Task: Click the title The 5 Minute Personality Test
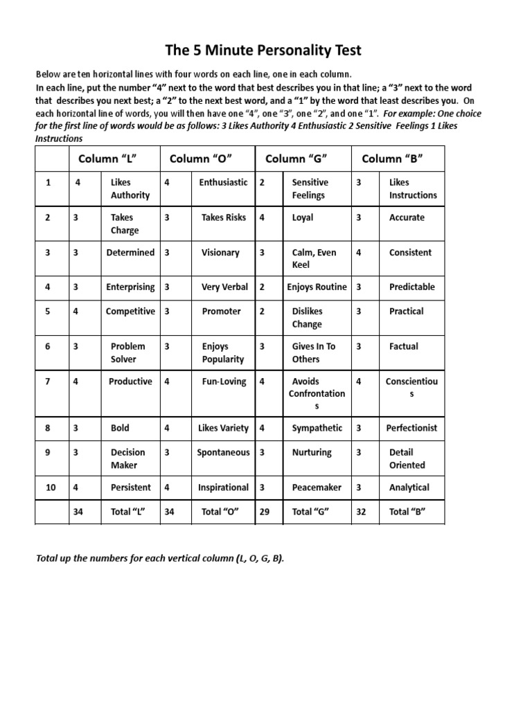[x=263, y=51]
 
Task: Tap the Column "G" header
[x=296, y=159]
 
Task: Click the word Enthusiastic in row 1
[x=223, y=182]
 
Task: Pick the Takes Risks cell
[x=223, y=217]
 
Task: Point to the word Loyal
[x=303, y=217]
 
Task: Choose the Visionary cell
[x=220, y=253]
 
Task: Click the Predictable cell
[x=412, y=287]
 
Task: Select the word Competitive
[x=130, y=311]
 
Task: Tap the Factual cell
[x=404, y=346]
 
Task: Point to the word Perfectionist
[x=411, y=428]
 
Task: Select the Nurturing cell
[x=312, y=452]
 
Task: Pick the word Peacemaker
[x=317, y=487]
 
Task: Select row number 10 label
[x=51, y=487]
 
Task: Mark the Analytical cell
[x=409, y=487]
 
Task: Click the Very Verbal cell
[x=225, y=287]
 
